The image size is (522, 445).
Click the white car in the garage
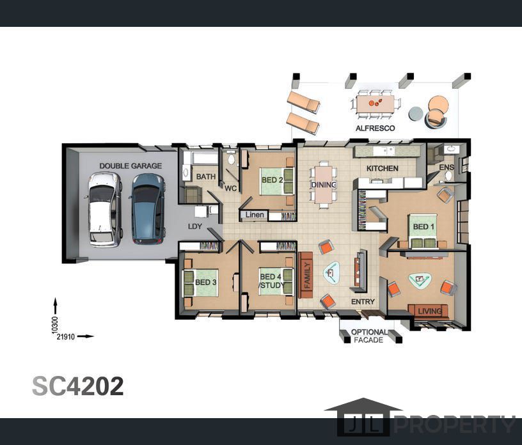(105, 209)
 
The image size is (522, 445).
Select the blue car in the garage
(148, 209)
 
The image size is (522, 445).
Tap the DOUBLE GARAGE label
(130, 166)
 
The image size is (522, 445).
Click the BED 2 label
(273, 180)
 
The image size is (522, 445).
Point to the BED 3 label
(206, 282)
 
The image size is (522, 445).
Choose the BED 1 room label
(423, 227)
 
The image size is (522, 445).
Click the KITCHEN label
(382, 168)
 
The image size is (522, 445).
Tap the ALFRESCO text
(375, 128)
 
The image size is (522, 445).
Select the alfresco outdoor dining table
(375, 104)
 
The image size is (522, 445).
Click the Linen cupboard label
(255, 215)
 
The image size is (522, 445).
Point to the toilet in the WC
(231, 159)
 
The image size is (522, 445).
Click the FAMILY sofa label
(307, 275)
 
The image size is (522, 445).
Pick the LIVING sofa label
(430, 311)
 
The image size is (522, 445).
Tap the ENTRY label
(363, 302)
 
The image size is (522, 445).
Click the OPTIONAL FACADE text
(369, 336)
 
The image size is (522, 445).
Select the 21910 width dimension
(66, 337)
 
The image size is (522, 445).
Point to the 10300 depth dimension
(55, 325)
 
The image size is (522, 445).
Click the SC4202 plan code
(78, 386)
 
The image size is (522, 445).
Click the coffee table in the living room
(420, 280)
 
